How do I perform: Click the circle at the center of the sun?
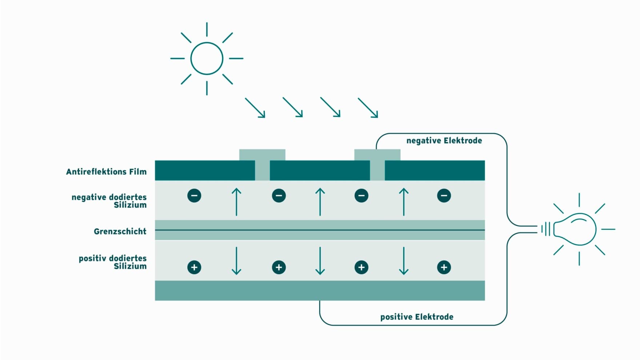pos(207,58)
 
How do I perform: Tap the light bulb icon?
pos(574,229)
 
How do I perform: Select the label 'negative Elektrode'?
pos(444,141)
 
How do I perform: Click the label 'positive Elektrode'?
pos(417,317)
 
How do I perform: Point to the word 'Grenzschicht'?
pos(120,231)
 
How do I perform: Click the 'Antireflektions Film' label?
pos(106,172)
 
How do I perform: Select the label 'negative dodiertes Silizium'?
pos(109,201)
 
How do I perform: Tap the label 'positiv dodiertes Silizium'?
pos(113,262)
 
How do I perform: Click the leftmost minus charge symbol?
pos(194,196)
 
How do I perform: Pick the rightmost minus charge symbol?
pos(444,196)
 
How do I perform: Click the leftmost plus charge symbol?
pos(194,267)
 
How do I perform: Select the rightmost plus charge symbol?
pos(444,267)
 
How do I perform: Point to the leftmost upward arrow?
pos(236,202)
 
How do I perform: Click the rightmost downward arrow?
pos(404,260)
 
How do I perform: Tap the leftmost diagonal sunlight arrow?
pos(255,108)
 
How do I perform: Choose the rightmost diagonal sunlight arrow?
pos(368,108)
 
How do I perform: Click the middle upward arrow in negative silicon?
pos(320,202)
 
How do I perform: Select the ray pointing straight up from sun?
pos(207,29)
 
